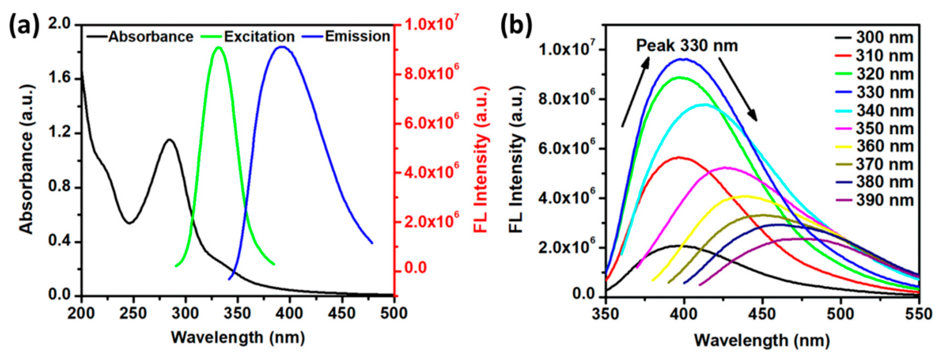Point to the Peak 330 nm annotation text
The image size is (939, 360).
point(687,46)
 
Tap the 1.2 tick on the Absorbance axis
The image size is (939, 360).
point(60,133)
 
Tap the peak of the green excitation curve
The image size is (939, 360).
point(219,47)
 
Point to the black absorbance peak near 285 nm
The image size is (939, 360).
point(170,140)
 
